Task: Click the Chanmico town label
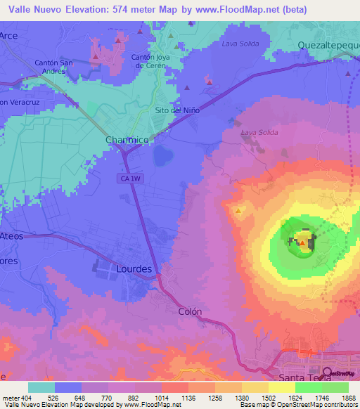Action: (x=127, y=140)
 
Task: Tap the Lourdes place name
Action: (x=134, y=268)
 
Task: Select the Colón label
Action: (x=190, y=311)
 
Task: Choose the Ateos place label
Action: (x=12, y=236)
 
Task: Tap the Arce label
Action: (x=9, y=35)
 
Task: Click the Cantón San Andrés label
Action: (x=54, y=66)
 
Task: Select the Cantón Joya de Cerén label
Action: (x=152, y=61)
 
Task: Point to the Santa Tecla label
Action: (x=306, y=378)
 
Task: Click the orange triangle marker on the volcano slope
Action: (x=239, y=210)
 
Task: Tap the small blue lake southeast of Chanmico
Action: (x=163, y=155)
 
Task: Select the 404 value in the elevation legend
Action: (x=27, y=398)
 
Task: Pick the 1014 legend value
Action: (x=161, y=398)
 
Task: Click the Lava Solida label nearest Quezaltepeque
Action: (x=240, y=44)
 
